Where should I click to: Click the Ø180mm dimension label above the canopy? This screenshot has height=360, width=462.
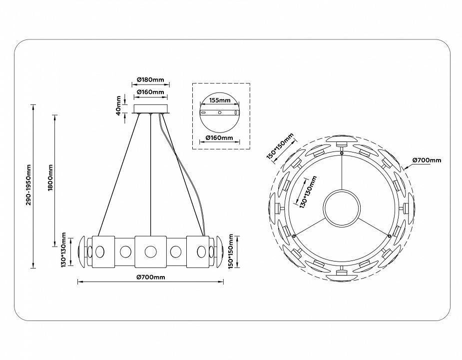tap(150, 80)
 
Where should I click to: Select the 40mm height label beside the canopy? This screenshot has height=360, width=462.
tap(118, 104)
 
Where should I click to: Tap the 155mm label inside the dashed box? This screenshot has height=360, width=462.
tap(219, 100)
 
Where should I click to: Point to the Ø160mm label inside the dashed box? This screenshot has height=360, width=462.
tap(219, 137)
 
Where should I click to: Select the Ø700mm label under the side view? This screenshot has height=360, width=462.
tap(150, 277)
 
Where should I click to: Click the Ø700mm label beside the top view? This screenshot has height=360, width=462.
tap(427, 160)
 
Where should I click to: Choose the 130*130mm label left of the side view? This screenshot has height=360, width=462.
tap(64, 249)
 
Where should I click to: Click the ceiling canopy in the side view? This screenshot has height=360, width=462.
tap(150, 108)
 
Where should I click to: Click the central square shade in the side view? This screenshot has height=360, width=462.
tap(150, 250)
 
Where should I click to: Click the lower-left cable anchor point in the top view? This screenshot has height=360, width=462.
tap(294, 235)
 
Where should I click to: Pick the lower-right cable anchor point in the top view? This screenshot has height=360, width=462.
tap(390, 235)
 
